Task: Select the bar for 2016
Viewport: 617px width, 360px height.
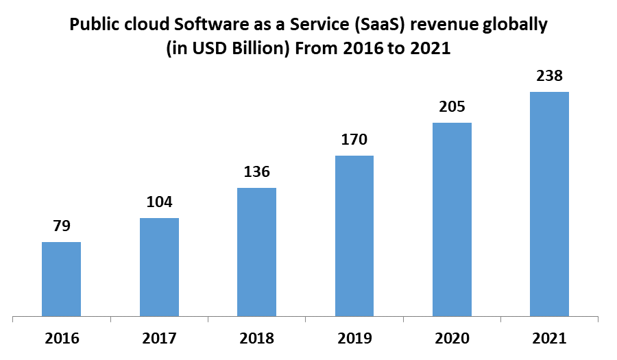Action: [61, 279]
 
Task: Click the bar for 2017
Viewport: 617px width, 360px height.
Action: [159, 267]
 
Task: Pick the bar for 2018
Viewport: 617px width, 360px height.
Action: [256, 252]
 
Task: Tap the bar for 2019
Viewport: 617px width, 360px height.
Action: [354, 236]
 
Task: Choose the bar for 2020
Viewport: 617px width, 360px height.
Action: [452, 219]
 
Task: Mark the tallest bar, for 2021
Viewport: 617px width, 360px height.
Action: [549, 204]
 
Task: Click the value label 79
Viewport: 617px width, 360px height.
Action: [61, 226]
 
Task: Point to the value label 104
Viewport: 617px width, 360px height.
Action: [159, 202]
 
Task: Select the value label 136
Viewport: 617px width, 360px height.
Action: [256, 171]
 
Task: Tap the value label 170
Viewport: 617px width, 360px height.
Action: [354, 140]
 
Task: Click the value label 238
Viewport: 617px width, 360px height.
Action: [549, 75]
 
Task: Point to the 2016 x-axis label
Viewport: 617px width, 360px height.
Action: [62, 338]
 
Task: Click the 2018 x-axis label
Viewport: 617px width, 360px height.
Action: [256, 338]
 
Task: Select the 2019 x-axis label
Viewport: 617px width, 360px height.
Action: [354, 338]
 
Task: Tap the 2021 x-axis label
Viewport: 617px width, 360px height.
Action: [549, 338]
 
